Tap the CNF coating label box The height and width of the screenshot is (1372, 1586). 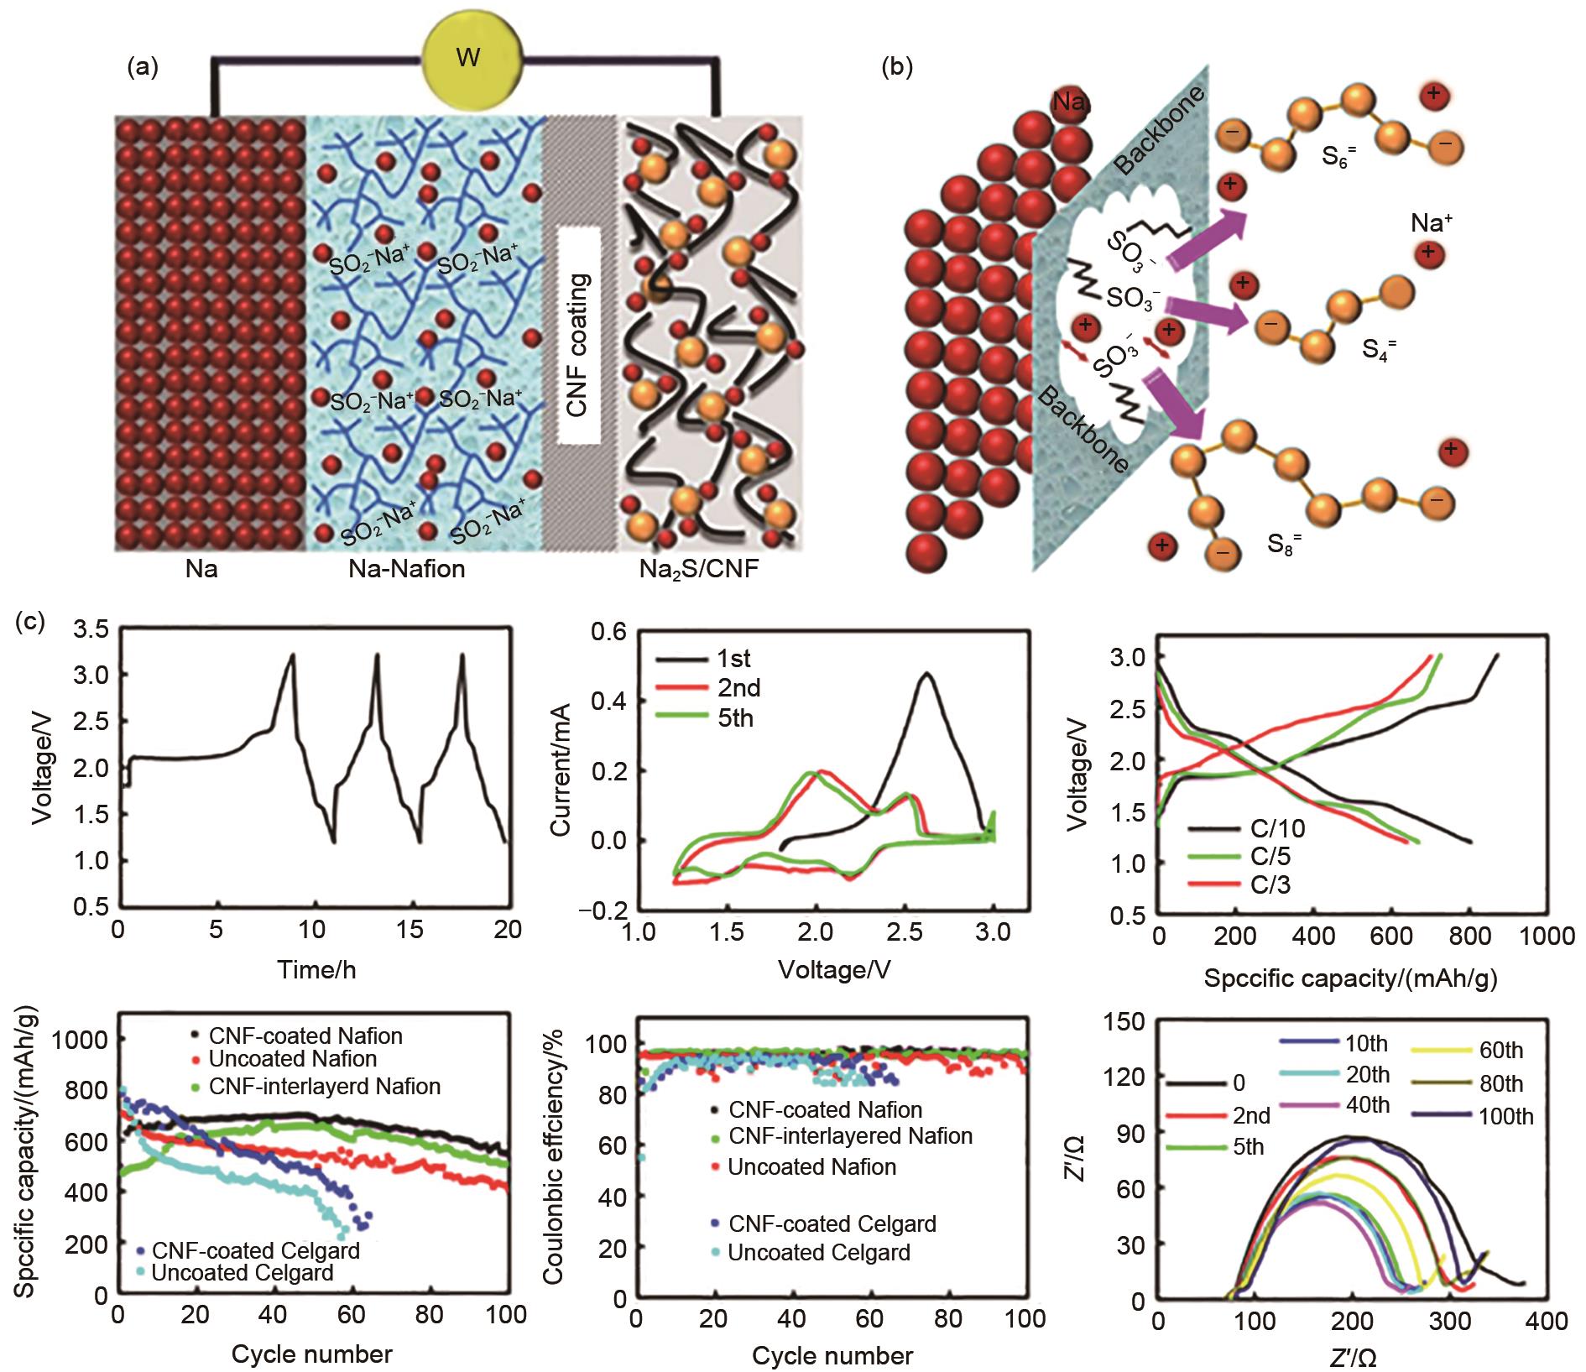click(578, 335)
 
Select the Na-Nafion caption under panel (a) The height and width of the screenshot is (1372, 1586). click(406, 570)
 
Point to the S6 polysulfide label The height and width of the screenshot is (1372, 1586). click(1334, 156)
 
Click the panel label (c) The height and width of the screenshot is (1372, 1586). click(37, 623)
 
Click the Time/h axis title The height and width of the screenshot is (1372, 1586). click(316, 970)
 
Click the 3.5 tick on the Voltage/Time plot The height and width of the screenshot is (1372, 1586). click(92, 629)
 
